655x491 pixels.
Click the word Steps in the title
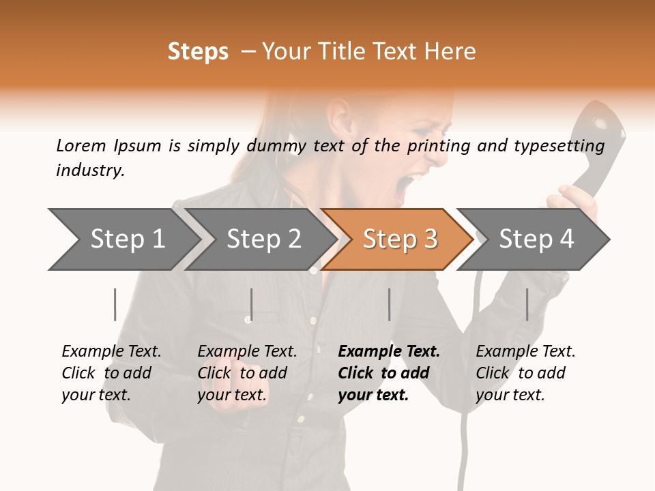tap(198, 52)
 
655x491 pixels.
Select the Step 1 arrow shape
tap(123, 239)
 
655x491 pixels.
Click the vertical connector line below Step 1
tap(115, 304)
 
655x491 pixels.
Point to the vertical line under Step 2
tap(252, 304)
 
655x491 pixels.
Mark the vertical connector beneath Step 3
tap(389, 304)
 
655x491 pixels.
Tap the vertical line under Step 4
tap(527, 304)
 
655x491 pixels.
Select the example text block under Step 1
tap(111, 372)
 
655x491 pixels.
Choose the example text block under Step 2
tap(246, 372)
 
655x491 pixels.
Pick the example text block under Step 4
tap(525, 372)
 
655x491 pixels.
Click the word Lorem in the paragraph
tap(81, 145)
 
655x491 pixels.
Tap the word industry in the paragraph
tap(89, 170)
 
